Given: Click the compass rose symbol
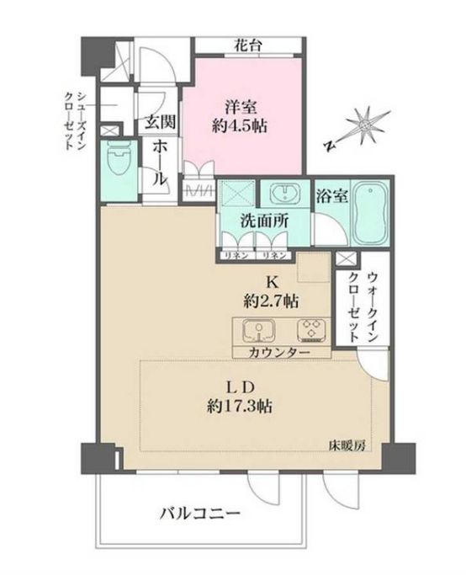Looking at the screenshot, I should [364, 125].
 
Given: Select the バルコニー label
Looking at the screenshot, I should [199, 514].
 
